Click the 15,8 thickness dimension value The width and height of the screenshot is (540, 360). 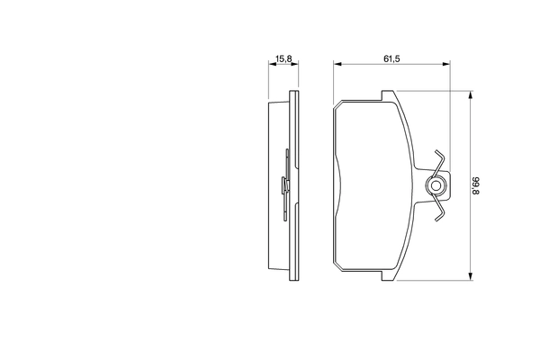point(283,58)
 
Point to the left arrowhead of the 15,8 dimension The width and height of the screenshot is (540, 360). point(273,65)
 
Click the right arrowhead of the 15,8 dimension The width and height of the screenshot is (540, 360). point(295,65)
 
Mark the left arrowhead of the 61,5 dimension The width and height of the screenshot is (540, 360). point(337,65)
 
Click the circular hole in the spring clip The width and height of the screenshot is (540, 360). point(436,187)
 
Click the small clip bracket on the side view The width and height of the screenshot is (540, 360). point(285,186)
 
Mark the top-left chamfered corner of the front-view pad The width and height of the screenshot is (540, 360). point(337,106)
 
